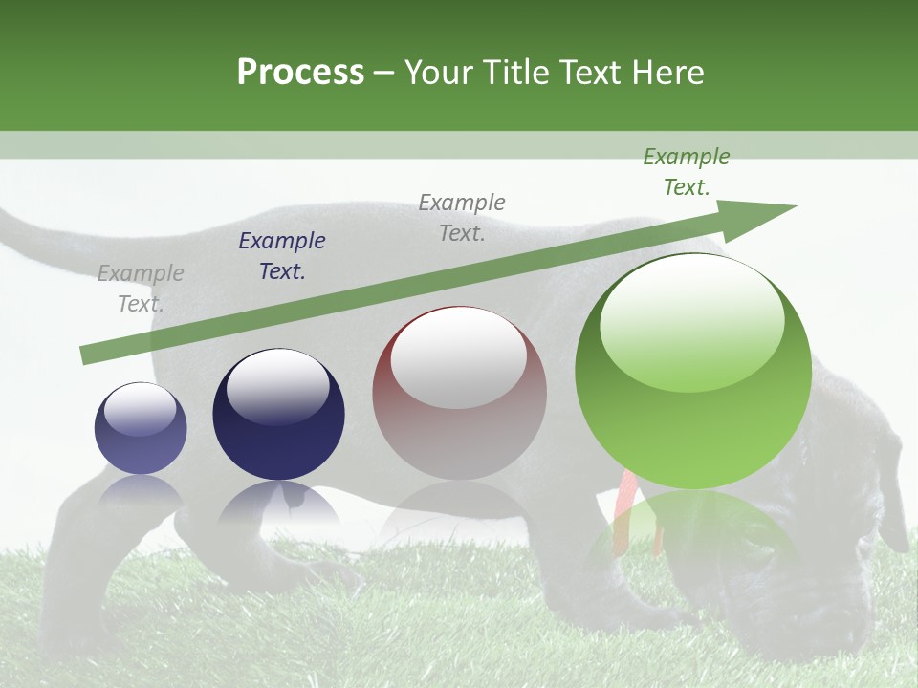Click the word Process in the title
point(300,72)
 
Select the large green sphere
point(693,373)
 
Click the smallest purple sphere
point(141,428)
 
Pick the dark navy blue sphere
point(278,414)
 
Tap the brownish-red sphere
point(459,393)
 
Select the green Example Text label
point(687,172)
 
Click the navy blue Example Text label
point(282,256)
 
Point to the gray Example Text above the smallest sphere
point(141,289)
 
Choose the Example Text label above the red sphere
point(462,217)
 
